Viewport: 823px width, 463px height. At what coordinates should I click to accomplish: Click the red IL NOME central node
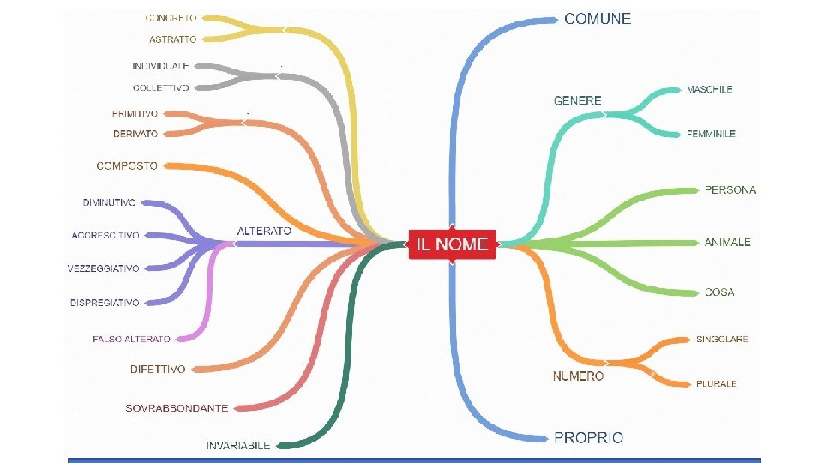(x=452, y=244)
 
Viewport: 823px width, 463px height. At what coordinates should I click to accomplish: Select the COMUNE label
(x=597, y=19)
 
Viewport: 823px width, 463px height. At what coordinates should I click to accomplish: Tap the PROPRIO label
(x=588, y=437)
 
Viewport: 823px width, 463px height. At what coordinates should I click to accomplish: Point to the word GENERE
(x=577, y=101)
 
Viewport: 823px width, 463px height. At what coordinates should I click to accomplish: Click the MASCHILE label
(x=709, y=89)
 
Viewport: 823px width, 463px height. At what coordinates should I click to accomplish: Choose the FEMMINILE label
(x=711, y=134)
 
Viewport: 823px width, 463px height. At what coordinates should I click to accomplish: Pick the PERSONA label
(x=730, y=189)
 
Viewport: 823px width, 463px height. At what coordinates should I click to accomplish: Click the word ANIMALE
(x=727, y=243)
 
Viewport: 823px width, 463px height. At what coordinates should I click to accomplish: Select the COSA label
(x=719, y=292)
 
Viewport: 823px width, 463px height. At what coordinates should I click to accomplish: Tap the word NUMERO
(x=578, y=376)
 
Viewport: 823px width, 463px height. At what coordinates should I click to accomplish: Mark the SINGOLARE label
(x=722, y=340)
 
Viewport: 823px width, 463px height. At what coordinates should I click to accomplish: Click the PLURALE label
(x=716, y=384)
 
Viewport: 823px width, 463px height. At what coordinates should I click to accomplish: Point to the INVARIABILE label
(x=238, y=445)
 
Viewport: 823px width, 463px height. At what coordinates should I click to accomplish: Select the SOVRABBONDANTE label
(x=177, y=408)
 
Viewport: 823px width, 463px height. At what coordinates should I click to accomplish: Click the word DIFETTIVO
(x=158, y=370)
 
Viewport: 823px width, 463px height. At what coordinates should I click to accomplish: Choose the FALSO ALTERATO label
(x=131, y=340)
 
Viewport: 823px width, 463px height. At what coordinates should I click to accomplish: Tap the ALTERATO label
(x=264, y=231)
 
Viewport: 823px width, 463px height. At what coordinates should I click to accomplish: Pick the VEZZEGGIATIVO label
(x=103, y=268)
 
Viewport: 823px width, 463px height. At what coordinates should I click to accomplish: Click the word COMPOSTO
(x=127, y=165)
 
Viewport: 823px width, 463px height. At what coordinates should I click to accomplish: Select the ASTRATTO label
(x=172, y=39)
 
